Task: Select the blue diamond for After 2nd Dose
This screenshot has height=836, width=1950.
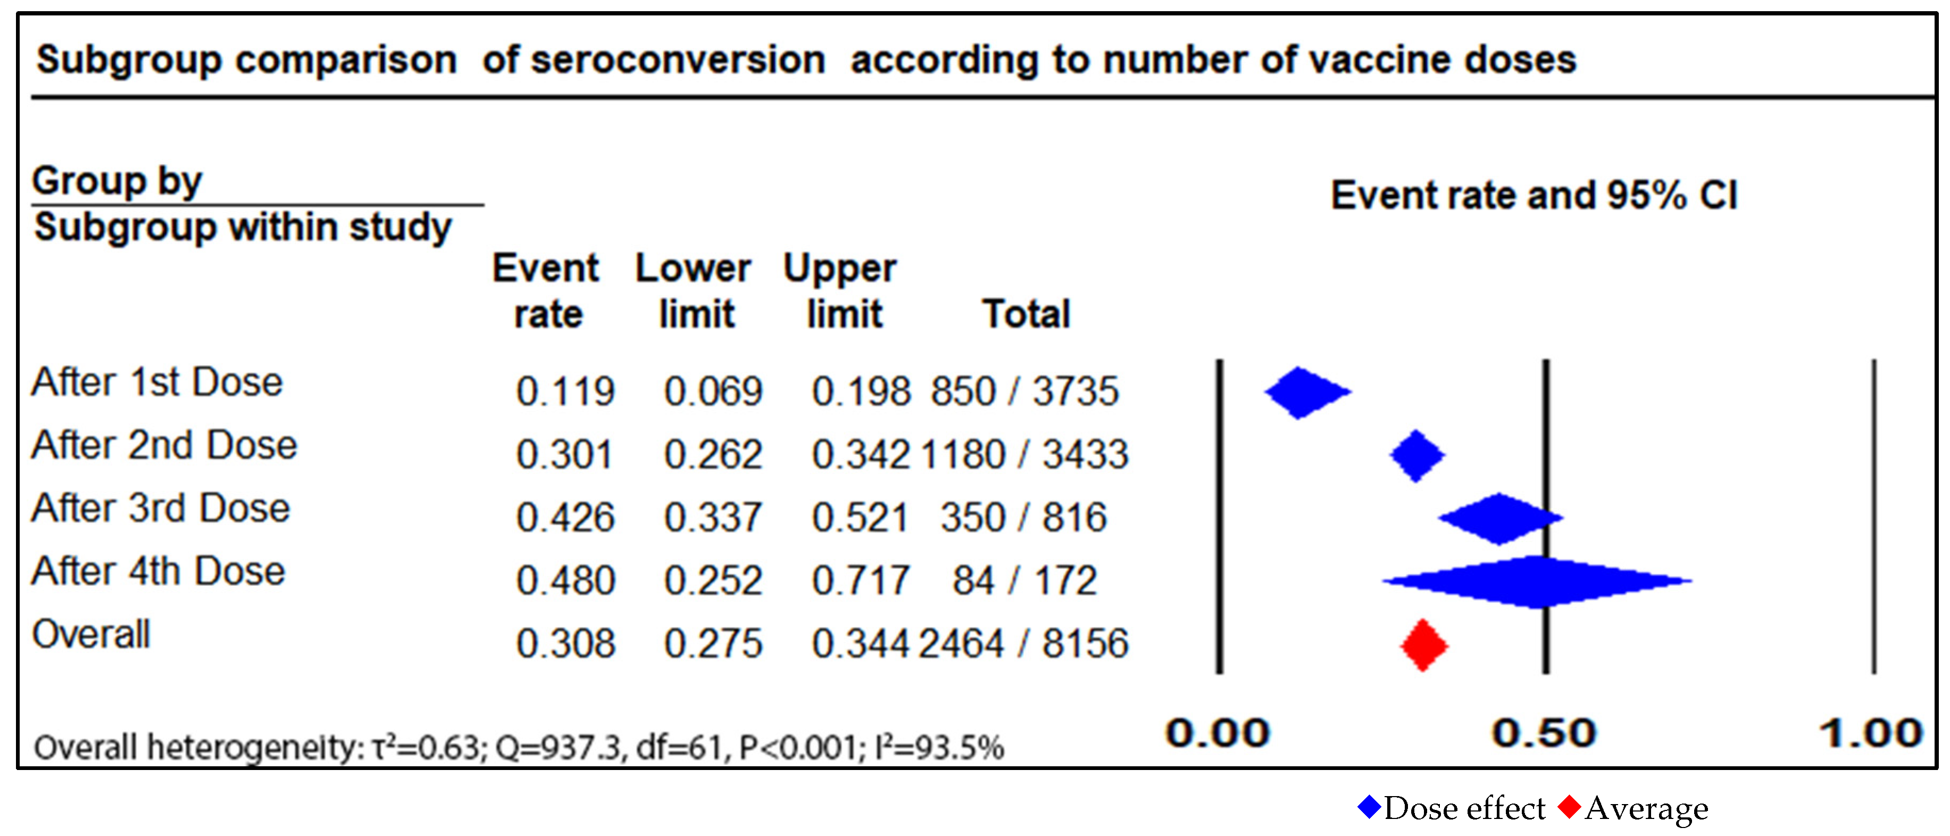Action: click(1416, 455)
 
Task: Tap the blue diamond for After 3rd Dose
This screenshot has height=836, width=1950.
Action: click(1499, 519)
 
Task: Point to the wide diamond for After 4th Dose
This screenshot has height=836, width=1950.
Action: click(1537, 581)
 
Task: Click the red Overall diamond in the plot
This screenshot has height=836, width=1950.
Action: click(1423, 645)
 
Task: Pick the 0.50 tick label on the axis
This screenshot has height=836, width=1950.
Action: click(1544, 733)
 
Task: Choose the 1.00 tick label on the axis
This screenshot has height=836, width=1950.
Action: click(1871, 733)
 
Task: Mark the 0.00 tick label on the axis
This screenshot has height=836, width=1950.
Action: click(1217, 733)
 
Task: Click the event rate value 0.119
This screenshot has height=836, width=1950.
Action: click(565, 392)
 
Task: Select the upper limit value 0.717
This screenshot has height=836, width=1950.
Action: click(860, 581)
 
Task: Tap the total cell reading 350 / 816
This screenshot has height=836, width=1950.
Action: click(1023, 518)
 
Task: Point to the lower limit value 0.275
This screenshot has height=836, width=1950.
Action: click(712, 644)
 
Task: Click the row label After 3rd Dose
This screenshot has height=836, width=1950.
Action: click(161, 508)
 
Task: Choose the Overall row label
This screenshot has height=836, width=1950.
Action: click(91, 634)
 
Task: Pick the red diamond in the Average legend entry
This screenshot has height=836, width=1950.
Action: click(1569, 807)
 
